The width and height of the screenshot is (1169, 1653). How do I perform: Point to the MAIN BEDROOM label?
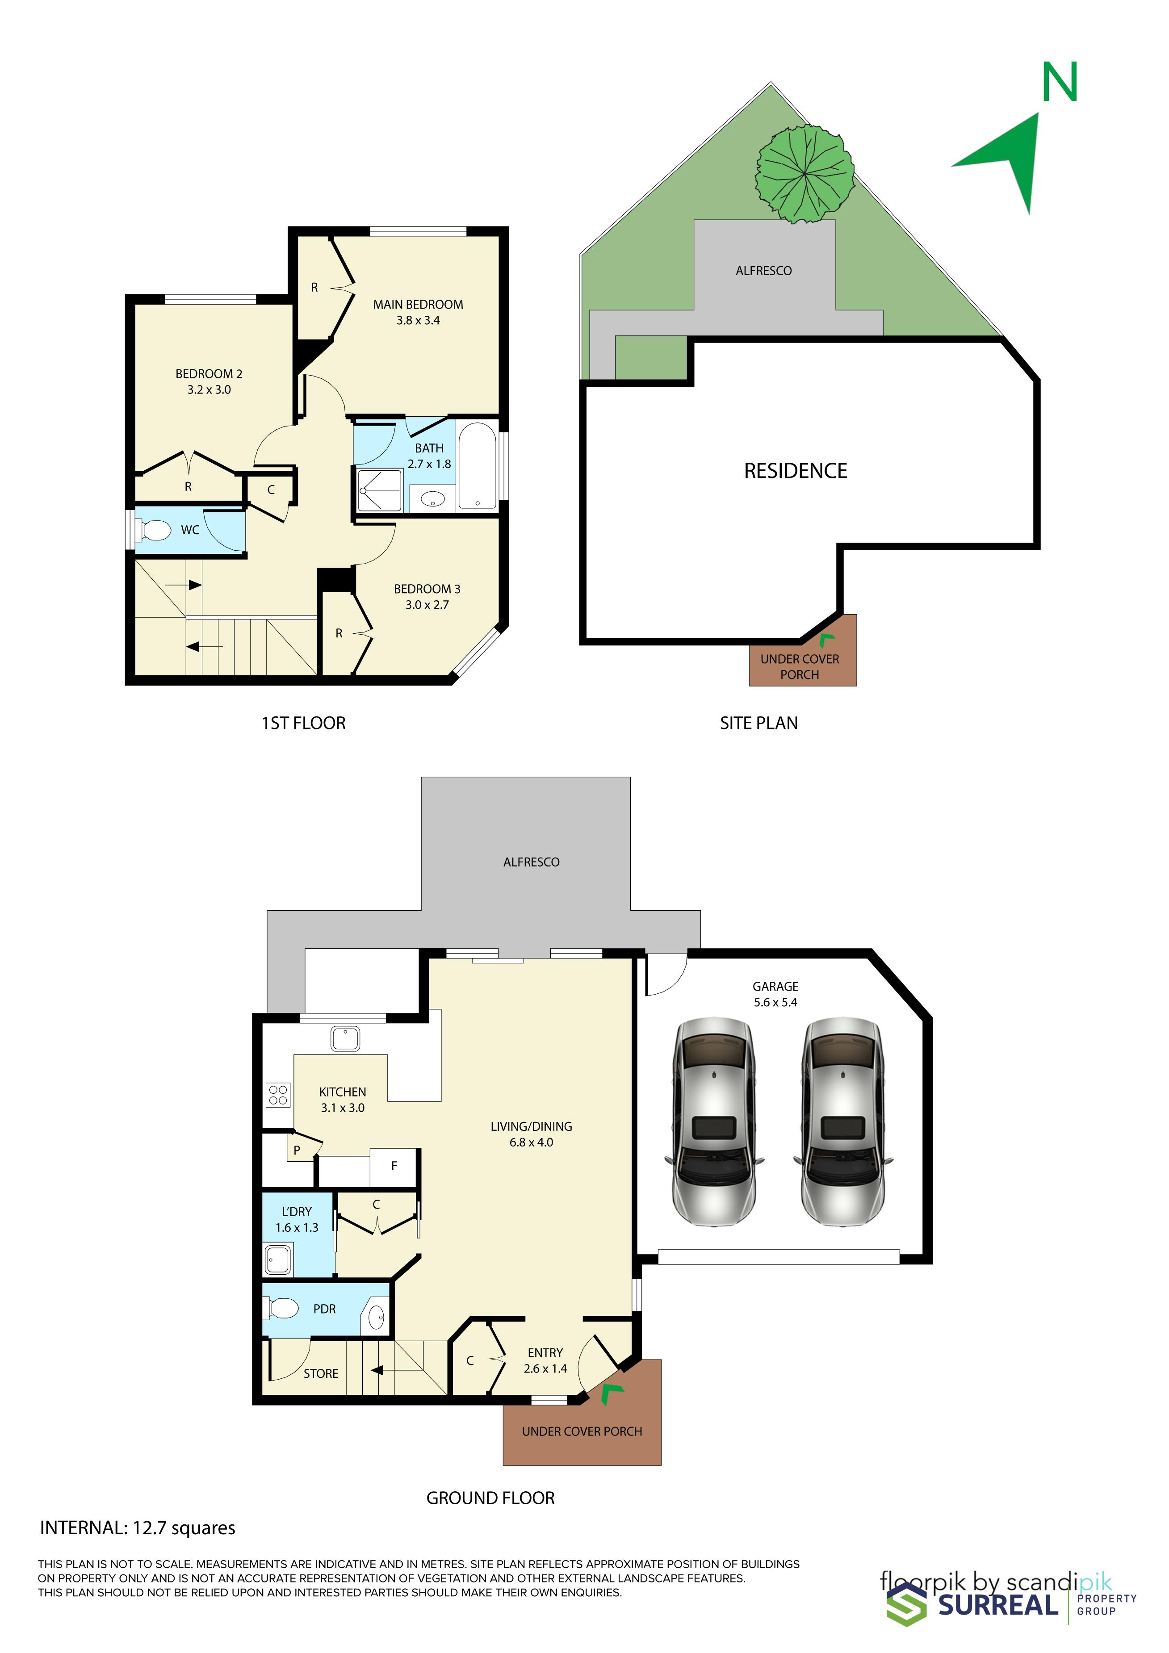(x=418, y=305)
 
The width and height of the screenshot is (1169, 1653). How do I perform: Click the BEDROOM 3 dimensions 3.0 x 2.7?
(x=427, y=605)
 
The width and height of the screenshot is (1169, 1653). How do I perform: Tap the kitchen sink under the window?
(x=345, y=1039)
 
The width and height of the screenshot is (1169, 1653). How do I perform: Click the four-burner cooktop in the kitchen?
(x=278, y=1095)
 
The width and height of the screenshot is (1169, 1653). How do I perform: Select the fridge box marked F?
(x=394, y=1166)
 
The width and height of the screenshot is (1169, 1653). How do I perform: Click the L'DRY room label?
(x=297, y=1212)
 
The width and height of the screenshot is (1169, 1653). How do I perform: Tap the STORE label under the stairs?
(x=321, y=1374)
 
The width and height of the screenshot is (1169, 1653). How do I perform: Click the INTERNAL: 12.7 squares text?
(x=138, y=1528)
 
